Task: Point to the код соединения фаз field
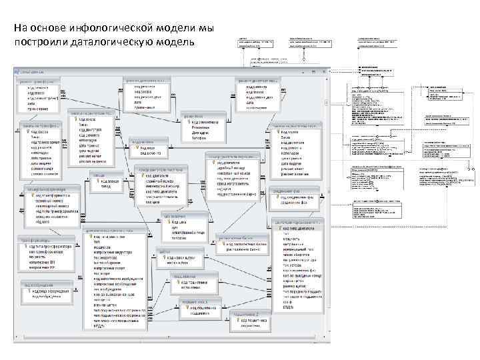click(299, 197)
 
